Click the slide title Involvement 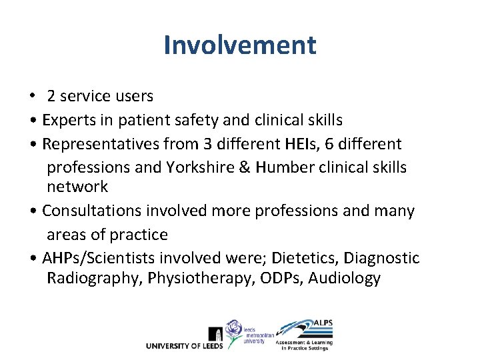[239, 46]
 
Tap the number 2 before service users [51, 97]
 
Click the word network [77, 187]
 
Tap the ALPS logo [305, 334]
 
